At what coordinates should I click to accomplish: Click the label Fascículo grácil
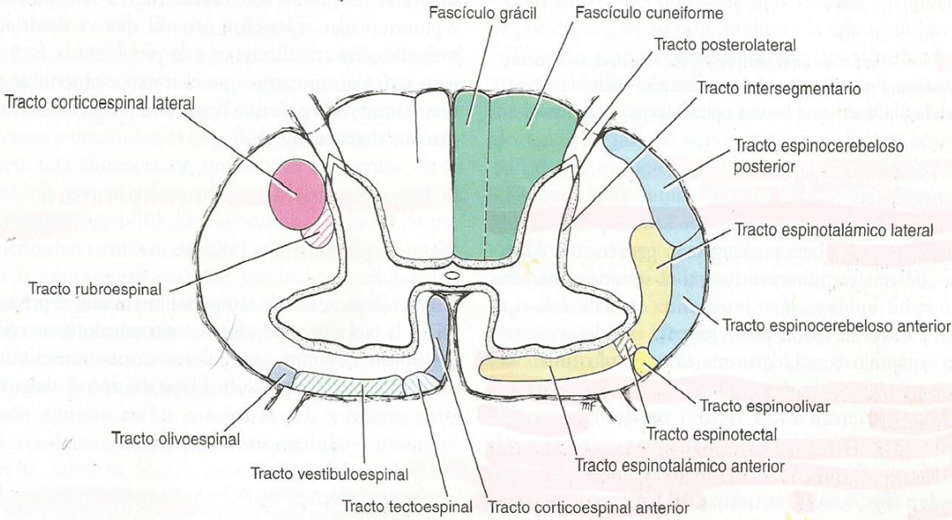click(x=473, y=13)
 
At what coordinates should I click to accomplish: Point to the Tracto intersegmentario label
click(x=779, y=89)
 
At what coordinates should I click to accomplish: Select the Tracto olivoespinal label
click(x=175, y=439)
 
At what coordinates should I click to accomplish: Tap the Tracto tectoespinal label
click(x=408, y=506)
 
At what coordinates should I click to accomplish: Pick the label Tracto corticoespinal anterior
click(x=584, y=506)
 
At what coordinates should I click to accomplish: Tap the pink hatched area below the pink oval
click(x=321, y=230)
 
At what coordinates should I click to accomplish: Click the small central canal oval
click(x=452, y=276)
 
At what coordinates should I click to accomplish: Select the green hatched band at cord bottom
click(x=347, y=382)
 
